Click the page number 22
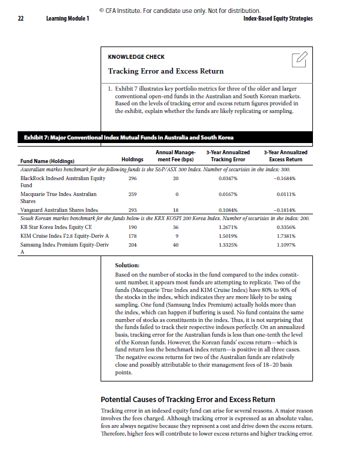tap(20, 19)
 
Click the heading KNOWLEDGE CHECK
tap(136, 57)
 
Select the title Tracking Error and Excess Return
tap(165, 71)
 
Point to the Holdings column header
tap(132, 160)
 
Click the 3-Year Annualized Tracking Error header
tap(228, 156)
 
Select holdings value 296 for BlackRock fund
tap(132, 178)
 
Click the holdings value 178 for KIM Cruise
tap(132, 235)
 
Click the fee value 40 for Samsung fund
tap(175, 245)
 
